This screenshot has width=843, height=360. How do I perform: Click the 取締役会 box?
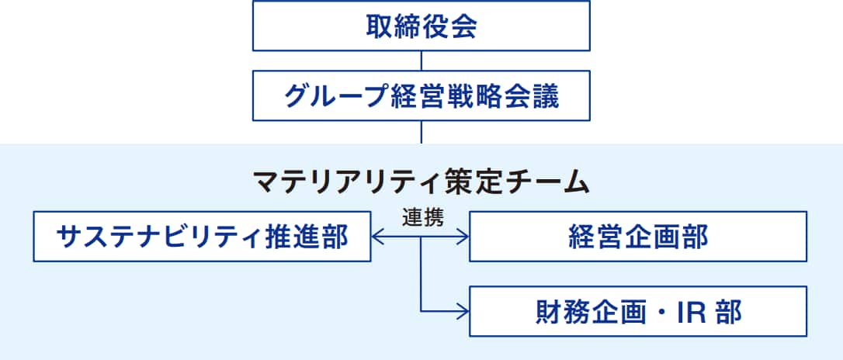[421, 26]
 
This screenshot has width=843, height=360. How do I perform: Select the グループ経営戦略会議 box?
[421, 96]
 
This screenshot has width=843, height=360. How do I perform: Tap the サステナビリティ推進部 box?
[203, 236]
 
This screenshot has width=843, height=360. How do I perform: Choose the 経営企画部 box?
[638, 236]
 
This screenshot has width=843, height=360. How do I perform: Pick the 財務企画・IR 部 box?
[638, 311]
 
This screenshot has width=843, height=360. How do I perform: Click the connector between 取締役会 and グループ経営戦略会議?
[421, 61]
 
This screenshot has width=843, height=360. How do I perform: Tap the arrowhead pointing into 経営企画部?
[463, 236]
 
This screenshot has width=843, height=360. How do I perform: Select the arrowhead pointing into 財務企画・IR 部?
[463, 311]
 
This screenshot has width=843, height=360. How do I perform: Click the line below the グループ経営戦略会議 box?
[421, 132]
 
